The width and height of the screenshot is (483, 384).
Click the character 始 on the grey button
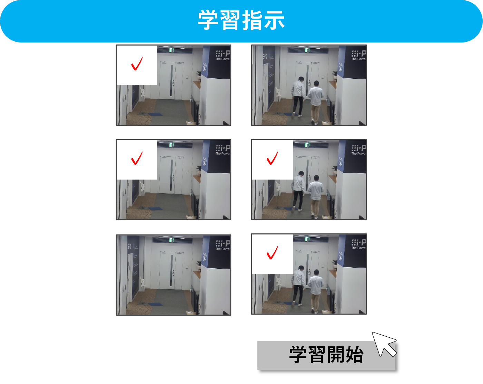pos(354,355)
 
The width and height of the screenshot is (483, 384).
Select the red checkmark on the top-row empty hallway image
pos(137,64)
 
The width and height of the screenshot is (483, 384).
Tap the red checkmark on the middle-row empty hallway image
pos(137,158)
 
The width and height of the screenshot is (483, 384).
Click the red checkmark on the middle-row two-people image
pos(272,158)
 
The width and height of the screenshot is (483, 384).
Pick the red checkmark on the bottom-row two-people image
pos(272,252)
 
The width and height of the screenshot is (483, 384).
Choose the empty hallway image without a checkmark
pos(173,275)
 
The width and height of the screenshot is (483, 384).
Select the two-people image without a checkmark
pos(309,85)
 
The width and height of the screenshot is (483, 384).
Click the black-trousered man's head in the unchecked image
pos(301,79)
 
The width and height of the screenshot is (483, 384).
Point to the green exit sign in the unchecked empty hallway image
pos(171,240)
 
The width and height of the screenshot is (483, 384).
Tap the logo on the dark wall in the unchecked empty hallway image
pos(223,244)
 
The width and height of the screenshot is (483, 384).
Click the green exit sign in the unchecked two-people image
pos(307,50)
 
